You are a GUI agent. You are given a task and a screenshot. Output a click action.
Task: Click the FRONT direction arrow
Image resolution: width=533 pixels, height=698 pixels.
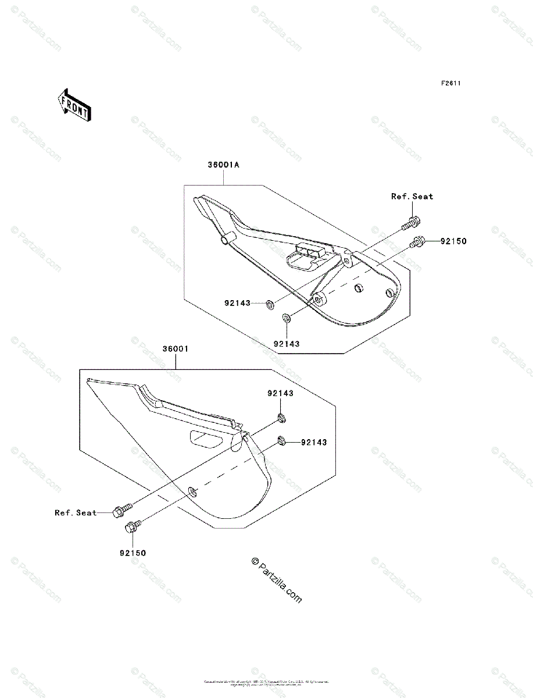point(73,104)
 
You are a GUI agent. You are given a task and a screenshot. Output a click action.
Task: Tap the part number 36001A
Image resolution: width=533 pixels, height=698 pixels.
point(224,165)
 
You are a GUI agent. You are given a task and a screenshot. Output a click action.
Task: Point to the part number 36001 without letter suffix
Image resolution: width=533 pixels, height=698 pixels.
point(175,350)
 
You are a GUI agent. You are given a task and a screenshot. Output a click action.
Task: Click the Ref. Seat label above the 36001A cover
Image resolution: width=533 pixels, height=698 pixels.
point(412,197)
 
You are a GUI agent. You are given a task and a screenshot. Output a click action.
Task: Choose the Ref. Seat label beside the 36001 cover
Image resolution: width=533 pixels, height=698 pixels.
point(76,512)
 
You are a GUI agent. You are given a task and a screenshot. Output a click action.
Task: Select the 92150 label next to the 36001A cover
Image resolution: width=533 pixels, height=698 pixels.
point(453,240)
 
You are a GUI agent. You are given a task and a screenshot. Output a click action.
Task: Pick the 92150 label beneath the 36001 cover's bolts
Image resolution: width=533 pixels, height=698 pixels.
point(133,553)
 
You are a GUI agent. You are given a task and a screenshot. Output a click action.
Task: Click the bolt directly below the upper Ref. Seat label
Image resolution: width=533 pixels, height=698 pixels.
point(412,222)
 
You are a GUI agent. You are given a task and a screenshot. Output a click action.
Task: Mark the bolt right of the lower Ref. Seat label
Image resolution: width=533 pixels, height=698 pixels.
point(121,510)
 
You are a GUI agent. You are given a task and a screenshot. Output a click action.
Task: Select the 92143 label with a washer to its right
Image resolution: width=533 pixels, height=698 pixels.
point(237,303)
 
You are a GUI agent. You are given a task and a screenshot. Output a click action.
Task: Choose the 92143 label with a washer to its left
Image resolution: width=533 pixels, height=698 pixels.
point(314,443)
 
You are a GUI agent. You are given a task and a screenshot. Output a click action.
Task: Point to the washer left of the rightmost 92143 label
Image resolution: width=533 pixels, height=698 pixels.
point(281,440)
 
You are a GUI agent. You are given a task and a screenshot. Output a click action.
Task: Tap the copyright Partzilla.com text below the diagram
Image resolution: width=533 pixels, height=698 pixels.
point(277,580)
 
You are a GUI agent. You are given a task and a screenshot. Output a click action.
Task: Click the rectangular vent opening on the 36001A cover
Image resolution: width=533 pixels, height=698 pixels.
point(303,255)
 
